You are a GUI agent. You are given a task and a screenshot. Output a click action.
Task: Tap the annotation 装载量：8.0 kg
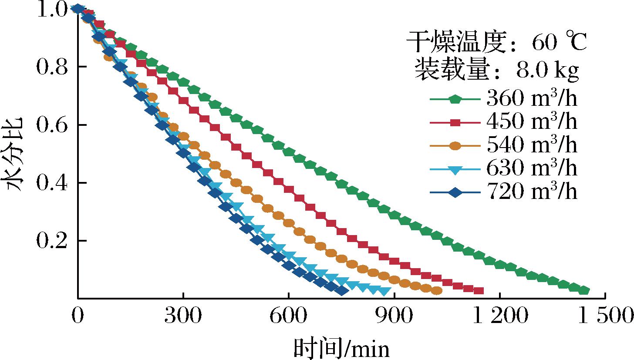pyautogui.click(x=497, y=70)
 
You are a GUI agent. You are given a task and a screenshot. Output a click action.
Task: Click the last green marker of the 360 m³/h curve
pyautogui.click(x=584, y=290)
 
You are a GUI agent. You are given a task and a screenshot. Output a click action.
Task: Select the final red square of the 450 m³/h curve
pyautogui.click(x=479, y=291)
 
